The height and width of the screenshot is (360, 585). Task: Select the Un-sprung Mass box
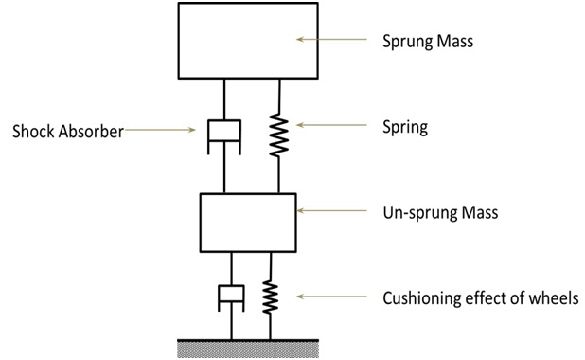249,222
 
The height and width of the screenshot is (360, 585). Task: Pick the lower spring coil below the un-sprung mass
271,296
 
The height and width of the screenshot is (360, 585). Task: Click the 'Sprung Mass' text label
428,42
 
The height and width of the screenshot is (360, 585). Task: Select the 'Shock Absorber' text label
67,132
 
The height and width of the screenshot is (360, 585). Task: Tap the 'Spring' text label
404,127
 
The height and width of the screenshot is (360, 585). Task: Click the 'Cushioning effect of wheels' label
480,298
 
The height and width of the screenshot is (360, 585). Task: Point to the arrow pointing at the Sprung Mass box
331,39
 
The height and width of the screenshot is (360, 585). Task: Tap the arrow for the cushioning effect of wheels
331,297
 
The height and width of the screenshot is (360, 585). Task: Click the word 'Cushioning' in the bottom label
420,298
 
